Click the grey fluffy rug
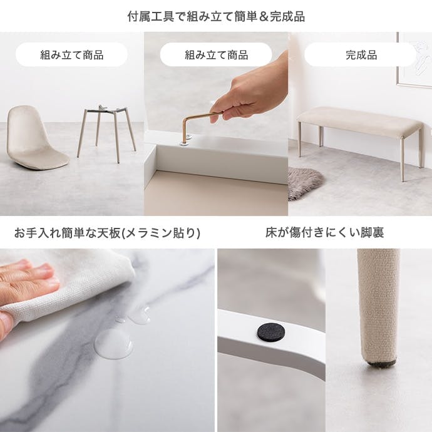(x=304, y=182)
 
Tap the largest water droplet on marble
(x=113, y=344)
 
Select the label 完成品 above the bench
(x=361, y=55)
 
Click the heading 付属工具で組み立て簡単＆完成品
(x=216, y=16)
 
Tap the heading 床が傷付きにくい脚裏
(x=324, y=232)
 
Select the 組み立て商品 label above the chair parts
(x=72, y=55)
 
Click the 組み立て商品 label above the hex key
(x=216, y=55)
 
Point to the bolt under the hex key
(x=185, y=141)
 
